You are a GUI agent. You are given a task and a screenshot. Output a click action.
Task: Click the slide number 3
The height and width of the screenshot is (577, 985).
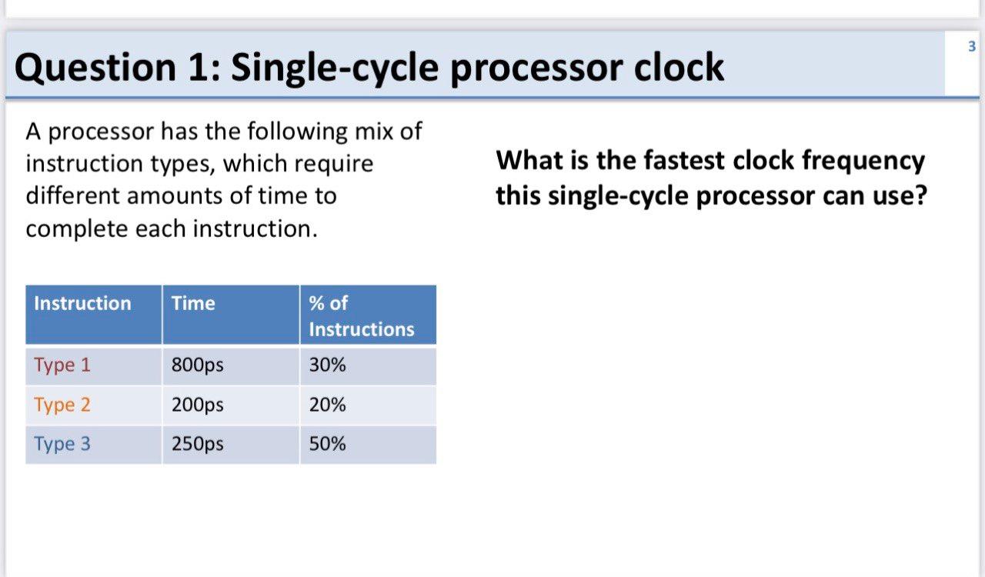[972, 46]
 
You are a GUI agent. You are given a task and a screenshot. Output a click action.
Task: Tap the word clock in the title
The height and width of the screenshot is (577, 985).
[679, 67]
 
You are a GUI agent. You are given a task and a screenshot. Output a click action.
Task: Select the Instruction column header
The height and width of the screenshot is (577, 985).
[94, 315]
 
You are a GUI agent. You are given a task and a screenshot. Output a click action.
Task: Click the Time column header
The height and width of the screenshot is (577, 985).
[231, 315]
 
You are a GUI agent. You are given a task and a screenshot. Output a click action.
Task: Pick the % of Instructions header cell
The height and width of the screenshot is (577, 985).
[368, 315]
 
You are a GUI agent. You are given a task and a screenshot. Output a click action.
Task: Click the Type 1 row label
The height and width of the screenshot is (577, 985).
[62, 365]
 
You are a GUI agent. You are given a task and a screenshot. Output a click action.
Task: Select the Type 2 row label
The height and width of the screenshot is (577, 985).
[62, 405]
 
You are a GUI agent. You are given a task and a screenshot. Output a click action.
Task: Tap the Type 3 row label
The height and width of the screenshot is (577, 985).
[62, 444]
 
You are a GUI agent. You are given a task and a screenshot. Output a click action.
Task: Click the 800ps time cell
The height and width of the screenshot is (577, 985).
[198, 365]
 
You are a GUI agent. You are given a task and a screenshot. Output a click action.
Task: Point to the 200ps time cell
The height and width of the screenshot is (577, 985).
[198, 405]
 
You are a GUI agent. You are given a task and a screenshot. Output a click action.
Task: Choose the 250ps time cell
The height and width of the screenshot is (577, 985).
[198, 444]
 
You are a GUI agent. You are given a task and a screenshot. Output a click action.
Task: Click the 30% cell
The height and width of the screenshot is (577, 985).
[327, 365]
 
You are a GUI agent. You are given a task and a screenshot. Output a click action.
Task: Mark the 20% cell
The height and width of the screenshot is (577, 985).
[327, 404]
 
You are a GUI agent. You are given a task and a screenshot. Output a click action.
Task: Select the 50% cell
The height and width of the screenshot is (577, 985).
[327, 443]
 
